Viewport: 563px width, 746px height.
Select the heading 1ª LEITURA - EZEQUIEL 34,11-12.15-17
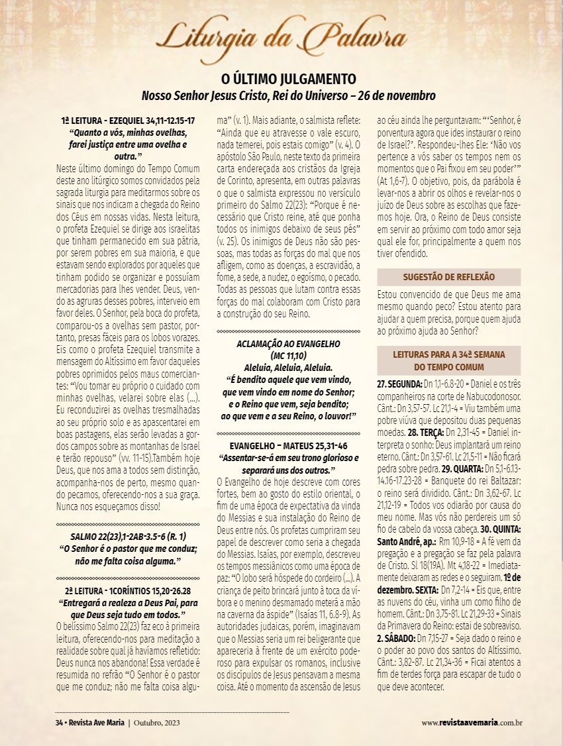[128, 121]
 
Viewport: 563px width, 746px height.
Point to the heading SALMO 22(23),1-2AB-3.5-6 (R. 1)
[127, 518]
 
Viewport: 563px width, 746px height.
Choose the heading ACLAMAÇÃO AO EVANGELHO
[288, 344]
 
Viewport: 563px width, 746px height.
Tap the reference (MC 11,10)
[288, 355]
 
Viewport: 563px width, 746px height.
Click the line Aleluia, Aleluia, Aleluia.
[288, 366]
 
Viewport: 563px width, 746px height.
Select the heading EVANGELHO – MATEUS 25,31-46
[288, 445]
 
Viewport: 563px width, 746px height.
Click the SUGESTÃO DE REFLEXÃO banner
[448, 277]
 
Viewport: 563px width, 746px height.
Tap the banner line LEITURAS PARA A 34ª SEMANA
[448, 354]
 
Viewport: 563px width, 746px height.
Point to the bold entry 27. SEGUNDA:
[400, 384]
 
